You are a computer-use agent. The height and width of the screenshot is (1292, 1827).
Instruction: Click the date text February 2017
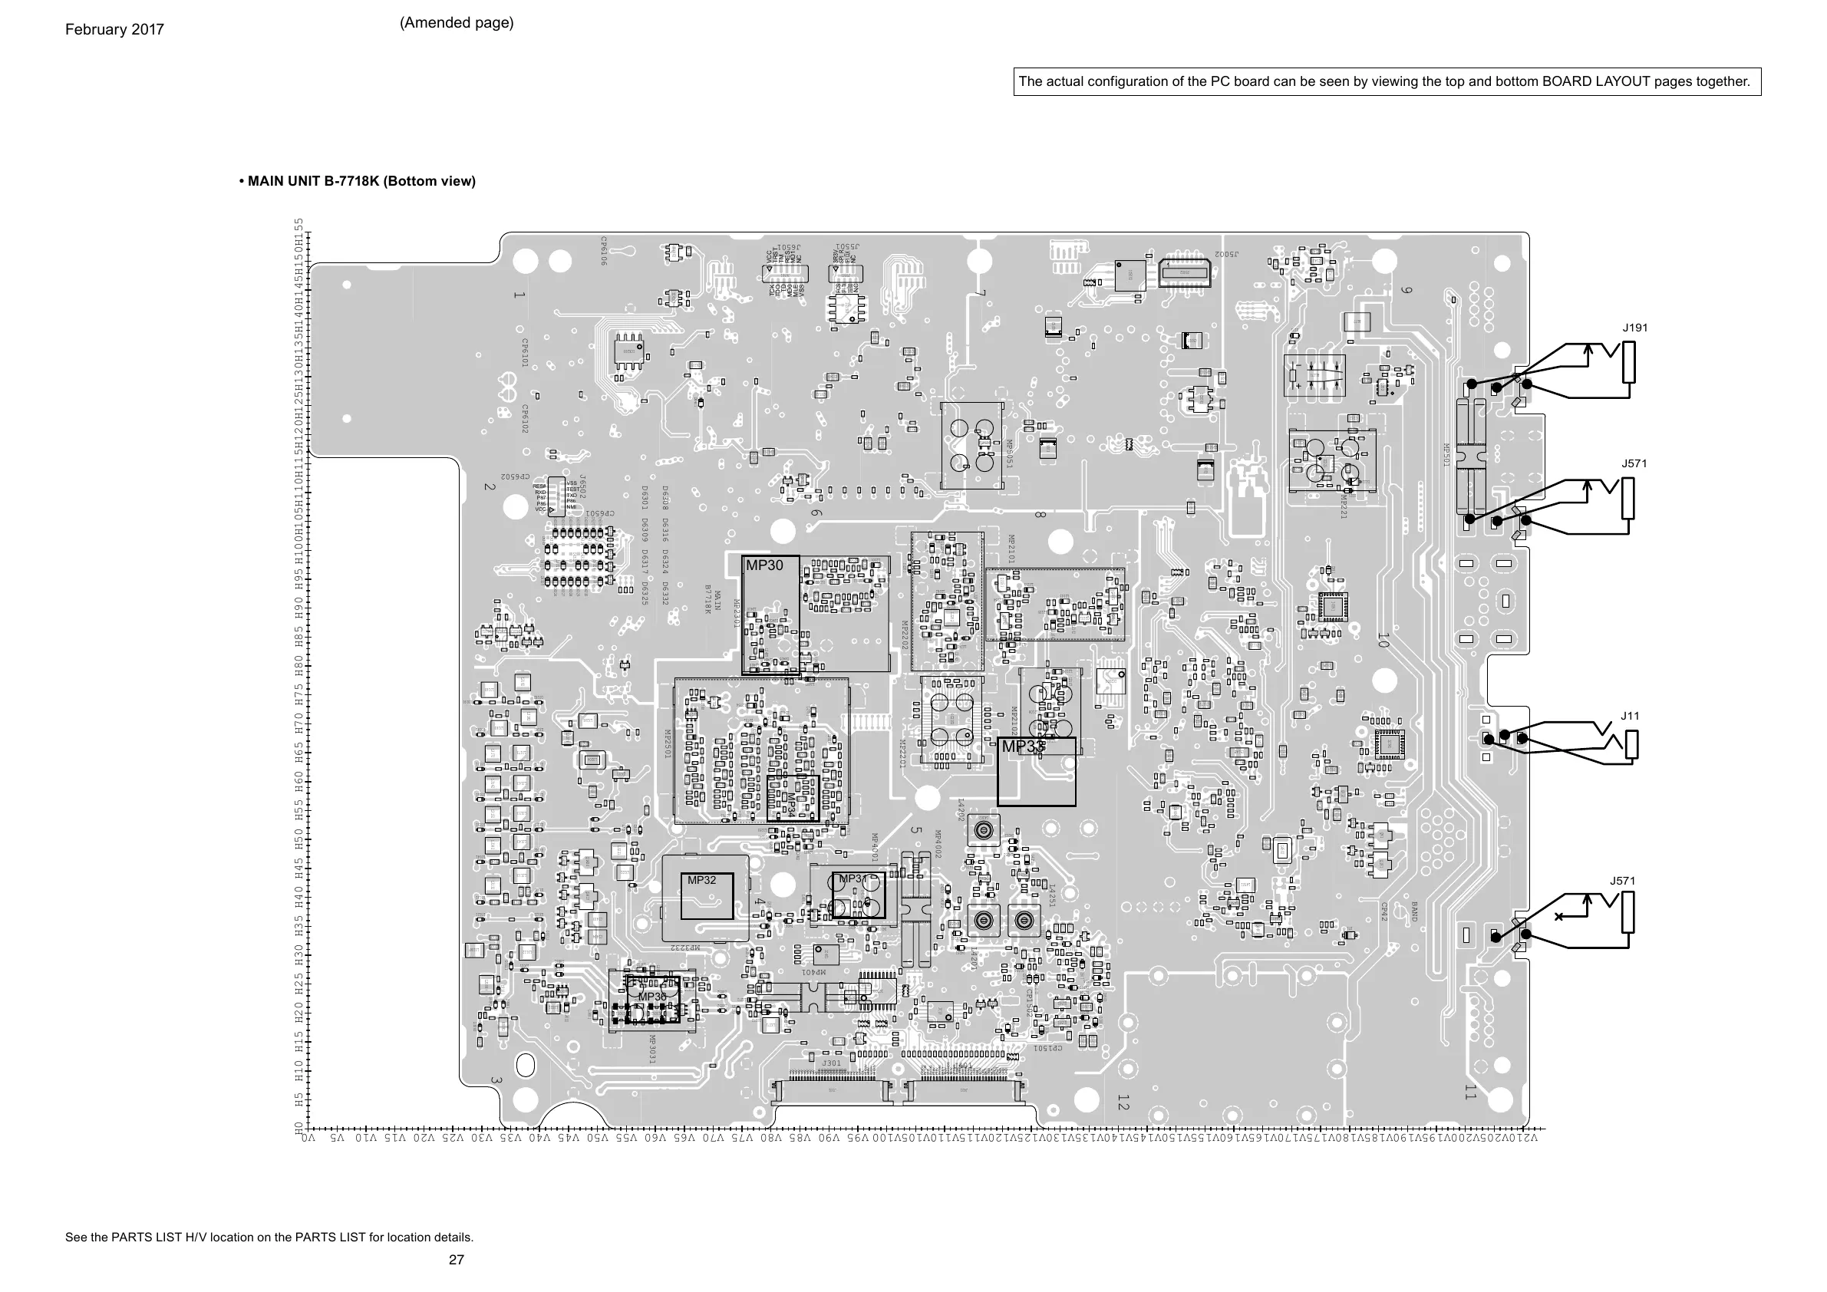114,30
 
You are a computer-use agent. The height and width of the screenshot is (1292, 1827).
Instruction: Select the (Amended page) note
457,23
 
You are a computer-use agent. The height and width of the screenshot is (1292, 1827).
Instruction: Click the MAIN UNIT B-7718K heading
358,181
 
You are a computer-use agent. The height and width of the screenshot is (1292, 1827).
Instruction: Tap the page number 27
456,1259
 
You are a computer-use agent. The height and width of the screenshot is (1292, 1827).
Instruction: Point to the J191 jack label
1635,328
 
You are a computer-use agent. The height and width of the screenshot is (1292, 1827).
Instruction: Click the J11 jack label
1631,716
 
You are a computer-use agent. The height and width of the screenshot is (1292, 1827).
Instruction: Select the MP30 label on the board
764,565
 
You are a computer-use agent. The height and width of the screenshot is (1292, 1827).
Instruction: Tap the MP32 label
702,880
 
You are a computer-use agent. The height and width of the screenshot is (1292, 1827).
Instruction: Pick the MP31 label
853,879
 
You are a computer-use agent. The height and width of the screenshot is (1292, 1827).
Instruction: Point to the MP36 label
652,997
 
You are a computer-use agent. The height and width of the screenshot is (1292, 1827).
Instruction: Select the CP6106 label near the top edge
604,251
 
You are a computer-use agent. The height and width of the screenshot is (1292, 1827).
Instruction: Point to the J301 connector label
832,1063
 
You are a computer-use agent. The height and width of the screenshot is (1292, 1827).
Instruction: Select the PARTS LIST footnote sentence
269,1237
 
